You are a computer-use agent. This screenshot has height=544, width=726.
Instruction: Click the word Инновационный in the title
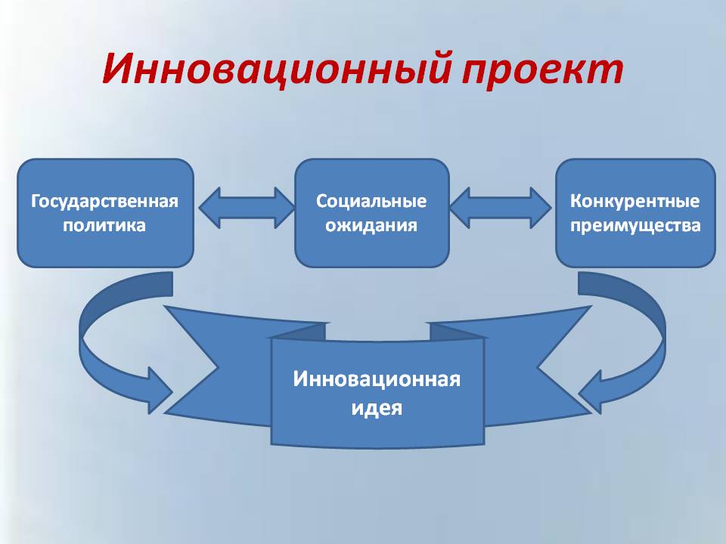pos(276,69)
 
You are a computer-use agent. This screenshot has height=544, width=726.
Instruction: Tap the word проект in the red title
pos(542,72)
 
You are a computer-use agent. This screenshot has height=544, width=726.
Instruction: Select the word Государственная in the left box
pos(104,202)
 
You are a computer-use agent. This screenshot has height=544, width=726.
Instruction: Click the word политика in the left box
pos(104,225)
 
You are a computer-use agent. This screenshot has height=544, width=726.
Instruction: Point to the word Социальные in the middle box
pos(371,202)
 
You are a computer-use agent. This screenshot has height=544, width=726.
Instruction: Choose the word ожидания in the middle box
pos(371,225)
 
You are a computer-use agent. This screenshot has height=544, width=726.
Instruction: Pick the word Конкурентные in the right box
pos(634,201)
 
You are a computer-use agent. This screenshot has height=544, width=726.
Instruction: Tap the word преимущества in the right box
pos(635,226)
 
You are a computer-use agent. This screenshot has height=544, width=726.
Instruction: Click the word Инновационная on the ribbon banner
pos(377,379)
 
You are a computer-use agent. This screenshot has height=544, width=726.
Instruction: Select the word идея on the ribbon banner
pos(377,408)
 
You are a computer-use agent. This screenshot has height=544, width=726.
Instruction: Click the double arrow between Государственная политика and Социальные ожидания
pos(246,208)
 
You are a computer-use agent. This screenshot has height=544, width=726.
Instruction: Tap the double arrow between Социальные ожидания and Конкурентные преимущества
pos(500,208)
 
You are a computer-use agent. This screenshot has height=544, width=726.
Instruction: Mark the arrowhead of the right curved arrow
pos(591,391)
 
